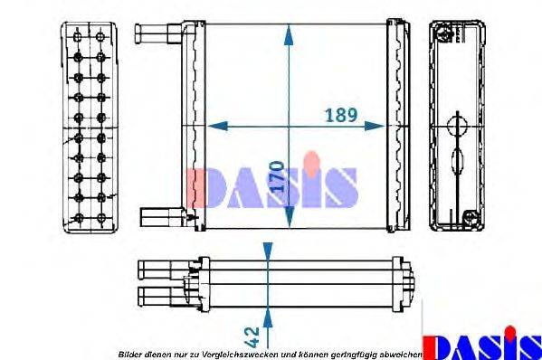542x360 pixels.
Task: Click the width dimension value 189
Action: pyautogui.click(x=341, y=117)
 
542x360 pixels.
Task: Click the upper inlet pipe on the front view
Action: pyautogui.click(x=157, y=34)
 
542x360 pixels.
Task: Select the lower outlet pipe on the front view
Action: pyautogui.click(x=160, y=215)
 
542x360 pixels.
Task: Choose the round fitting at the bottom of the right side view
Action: pyautogui.click(x=469, y=217)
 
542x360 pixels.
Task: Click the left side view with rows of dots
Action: pyautogui.click(x=88, y=127)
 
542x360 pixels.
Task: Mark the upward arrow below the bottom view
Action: pyautogui.click(x=267, y=316)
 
